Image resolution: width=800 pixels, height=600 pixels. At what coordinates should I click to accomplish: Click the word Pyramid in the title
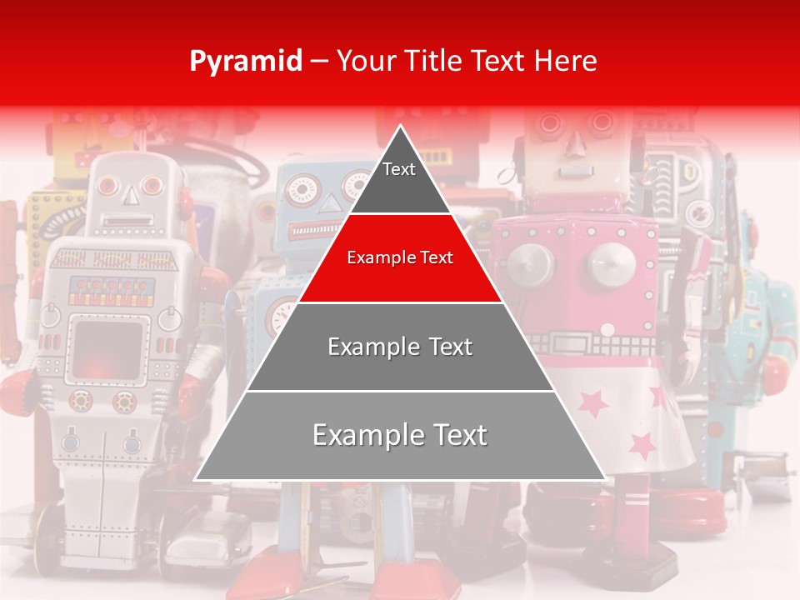point(245,62)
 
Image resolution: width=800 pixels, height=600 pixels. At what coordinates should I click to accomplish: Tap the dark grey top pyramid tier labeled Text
point(399,179)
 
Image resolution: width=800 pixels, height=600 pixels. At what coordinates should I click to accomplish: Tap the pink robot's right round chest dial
point(611,265)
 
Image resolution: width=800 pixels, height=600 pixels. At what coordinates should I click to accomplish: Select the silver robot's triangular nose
point(129,195)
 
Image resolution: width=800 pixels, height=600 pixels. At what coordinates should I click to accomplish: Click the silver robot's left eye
point(107,186)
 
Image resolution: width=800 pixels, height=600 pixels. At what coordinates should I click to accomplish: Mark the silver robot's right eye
point(152,185)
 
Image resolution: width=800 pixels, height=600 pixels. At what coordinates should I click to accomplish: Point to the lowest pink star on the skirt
point(642,447)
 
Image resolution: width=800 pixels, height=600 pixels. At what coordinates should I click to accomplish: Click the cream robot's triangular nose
point(574,145)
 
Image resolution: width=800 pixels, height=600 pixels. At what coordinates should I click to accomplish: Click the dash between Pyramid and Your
point(318,62)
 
